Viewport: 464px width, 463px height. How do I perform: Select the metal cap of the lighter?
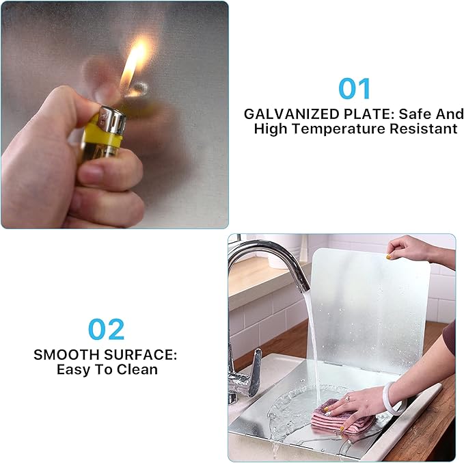[x=113, y=122]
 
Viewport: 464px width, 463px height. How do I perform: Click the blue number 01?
[x=355, y=88]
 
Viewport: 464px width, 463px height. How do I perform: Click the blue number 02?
[x=106, y=329]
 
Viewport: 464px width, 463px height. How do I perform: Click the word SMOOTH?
[x=67, y=354]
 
